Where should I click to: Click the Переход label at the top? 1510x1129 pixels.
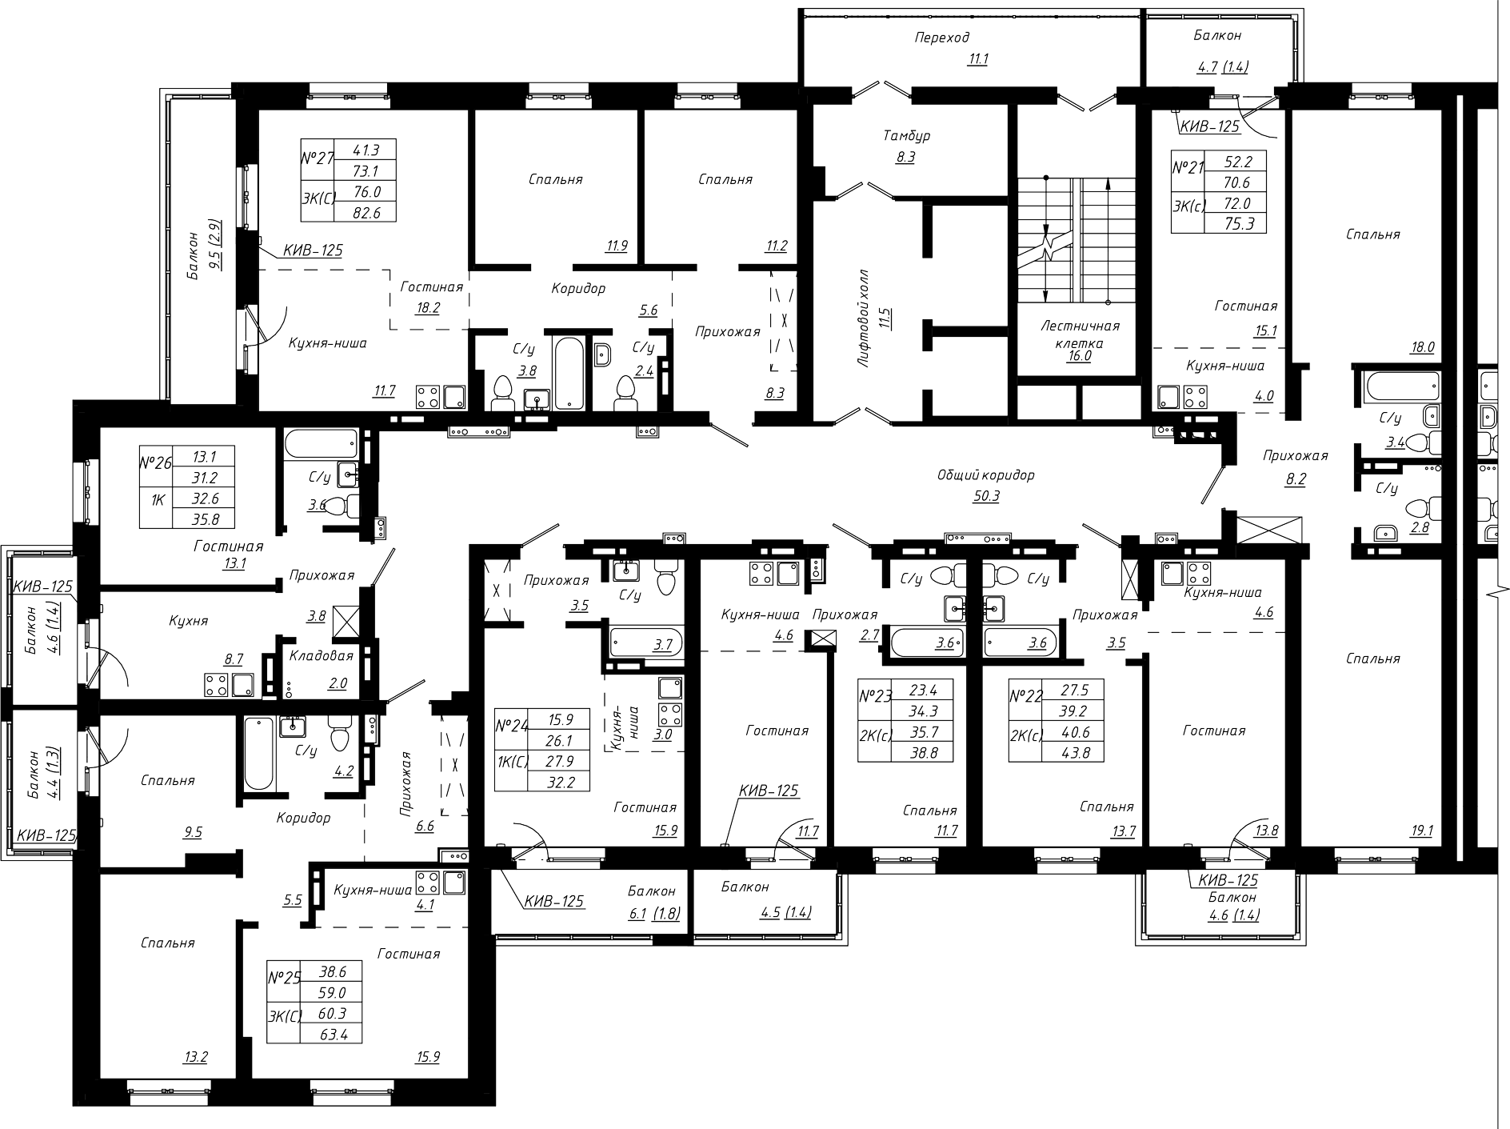942,38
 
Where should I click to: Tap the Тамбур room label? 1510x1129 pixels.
907,136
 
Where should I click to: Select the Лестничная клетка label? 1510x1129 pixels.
1080,334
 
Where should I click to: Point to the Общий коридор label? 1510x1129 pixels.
986,475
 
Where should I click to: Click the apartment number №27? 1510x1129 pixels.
317,159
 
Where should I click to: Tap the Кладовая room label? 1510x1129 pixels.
321,656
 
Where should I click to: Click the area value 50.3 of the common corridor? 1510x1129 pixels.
985,496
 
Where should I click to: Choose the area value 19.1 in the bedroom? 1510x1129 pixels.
1423,831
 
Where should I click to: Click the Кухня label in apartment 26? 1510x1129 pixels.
189,621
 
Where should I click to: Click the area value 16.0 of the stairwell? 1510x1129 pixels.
1079,356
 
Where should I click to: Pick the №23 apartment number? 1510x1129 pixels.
874,695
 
